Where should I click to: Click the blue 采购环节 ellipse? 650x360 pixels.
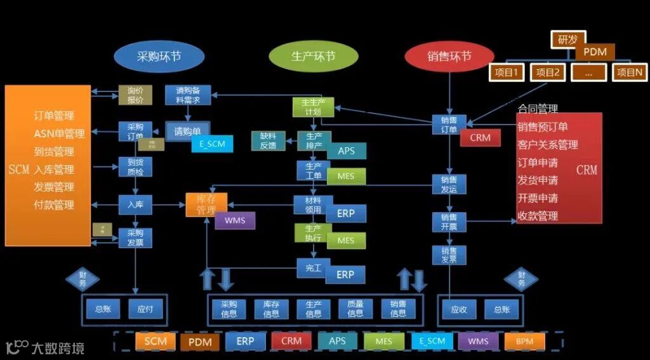click(159, 57)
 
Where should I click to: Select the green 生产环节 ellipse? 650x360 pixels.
click(313, 57)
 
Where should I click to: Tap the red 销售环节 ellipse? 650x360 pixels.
click(449, 57)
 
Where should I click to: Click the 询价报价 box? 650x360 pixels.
click(135, 95)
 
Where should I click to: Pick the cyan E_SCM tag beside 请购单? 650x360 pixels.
click(212, 144)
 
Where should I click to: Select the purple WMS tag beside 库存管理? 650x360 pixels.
click(235, 220)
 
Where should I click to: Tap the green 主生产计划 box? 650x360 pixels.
click(313, 107)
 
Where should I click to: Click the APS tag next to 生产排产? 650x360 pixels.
click(347, 151)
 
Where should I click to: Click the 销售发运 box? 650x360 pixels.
click(449, 184)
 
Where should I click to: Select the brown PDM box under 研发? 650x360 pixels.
click(595, 52)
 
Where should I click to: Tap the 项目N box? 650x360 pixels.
click(630, 72)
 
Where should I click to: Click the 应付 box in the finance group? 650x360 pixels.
click(145, 309)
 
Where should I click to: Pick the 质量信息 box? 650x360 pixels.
click(355, 309)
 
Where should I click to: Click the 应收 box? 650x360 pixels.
click(459, 309)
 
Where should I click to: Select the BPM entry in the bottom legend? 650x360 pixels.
click(524, 342)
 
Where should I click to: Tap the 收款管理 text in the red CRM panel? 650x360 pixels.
click(538, 216)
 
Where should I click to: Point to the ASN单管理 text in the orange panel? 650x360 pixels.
click(59, 134)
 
